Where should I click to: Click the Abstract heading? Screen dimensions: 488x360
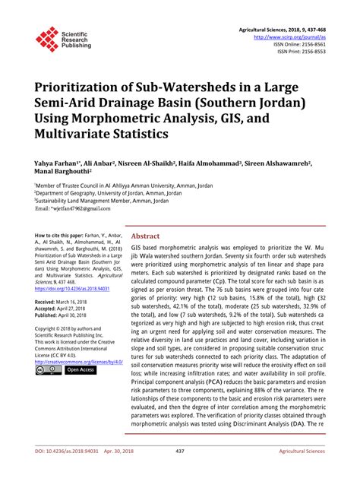click(147, 236)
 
